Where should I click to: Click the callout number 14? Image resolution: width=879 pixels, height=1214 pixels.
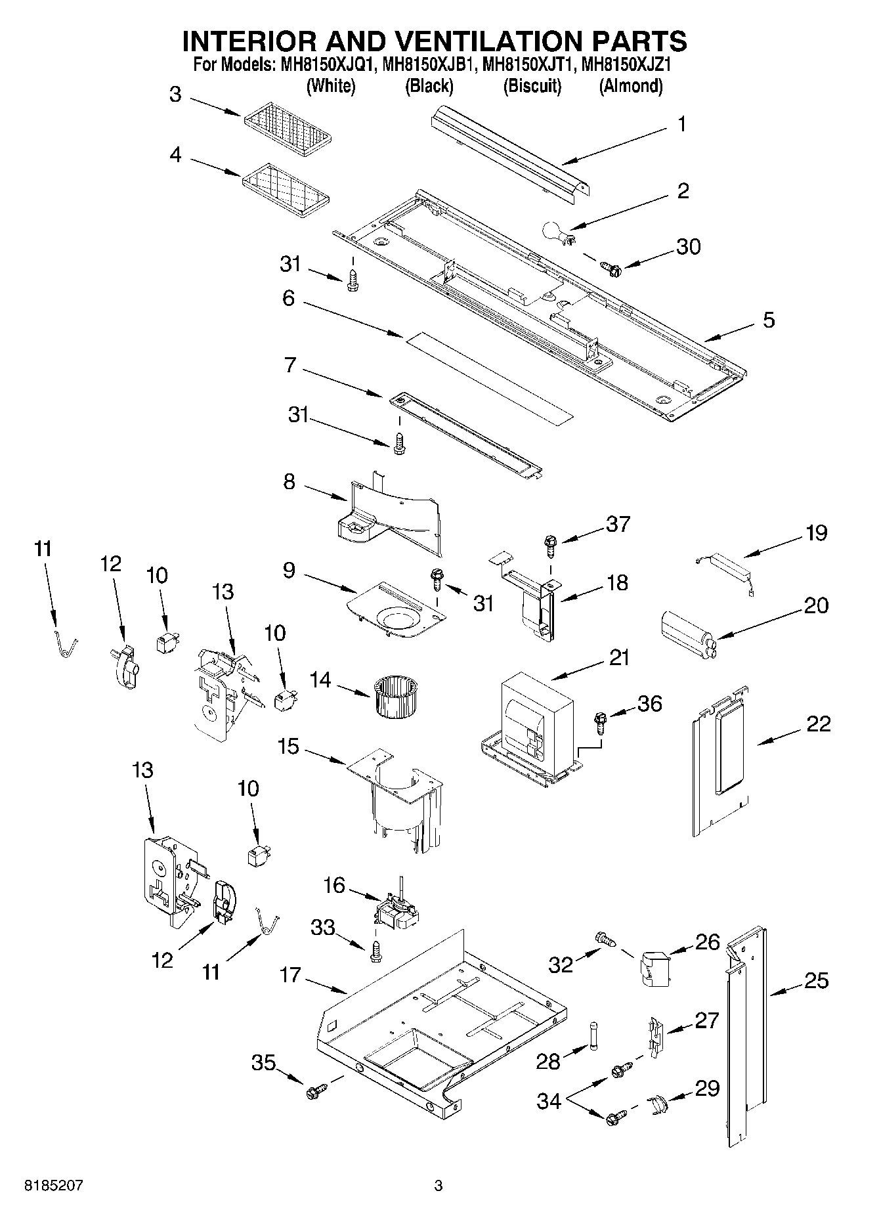coord(320,680)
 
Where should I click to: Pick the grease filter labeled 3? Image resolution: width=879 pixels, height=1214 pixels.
coord(288,127)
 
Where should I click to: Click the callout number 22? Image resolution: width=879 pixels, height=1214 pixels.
coord(817,724)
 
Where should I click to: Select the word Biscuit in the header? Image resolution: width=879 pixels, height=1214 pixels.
coord(532,86)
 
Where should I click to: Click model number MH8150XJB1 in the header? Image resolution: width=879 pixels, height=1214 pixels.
coord(428,65)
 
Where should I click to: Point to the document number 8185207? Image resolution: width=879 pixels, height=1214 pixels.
coord(54,1186)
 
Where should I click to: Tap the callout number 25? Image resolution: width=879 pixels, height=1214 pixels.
coord(816,981)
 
